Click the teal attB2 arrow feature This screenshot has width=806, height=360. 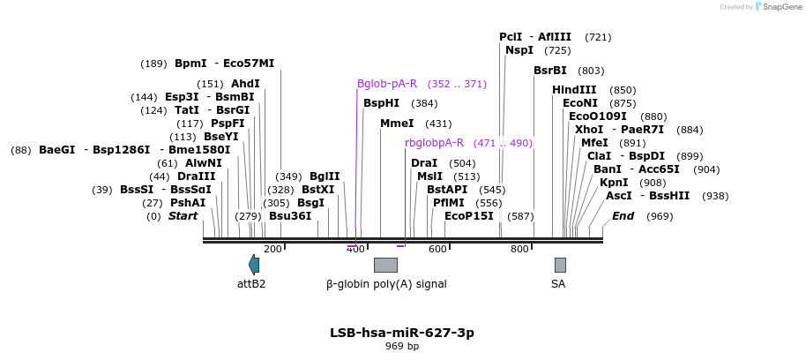(254, 265)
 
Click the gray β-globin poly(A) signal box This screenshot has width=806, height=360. (385, 265)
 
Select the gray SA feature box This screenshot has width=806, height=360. (560, 265)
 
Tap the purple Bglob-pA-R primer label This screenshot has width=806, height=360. (387, 84)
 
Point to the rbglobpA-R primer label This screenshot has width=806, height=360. (434, 142)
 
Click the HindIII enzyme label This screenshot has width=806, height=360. (574, 90)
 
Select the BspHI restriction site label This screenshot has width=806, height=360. (381, 103)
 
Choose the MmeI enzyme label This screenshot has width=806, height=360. (397, 124)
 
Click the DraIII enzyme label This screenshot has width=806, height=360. (196, 176)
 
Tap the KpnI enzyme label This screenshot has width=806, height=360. (614, 183)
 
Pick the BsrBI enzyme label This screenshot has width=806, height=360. (549, 71)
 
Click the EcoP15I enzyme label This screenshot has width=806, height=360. (468, 216)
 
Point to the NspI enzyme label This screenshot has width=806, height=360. (519, 50)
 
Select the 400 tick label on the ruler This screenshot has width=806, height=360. (355, 249)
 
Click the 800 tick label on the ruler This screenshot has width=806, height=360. (519, 249)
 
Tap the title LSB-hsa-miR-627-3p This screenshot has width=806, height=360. (402, 333)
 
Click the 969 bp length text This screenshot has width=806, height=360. (402, 347)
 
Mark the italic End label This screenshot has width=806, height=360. (623, 216)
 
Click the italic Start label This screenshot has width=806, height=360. (183, 216)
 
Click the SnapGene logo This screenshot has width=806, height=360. (776, 7)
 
